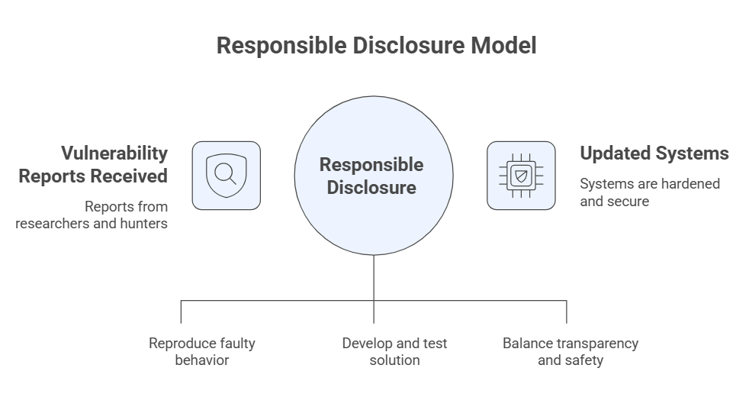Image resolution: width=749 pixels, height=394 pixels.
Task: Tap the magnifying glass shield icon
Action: pyautogui.click(x=226, y=175)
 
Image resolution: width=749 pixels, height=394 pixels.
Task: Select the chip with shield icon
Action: pyautogui.click(x=521, y=175)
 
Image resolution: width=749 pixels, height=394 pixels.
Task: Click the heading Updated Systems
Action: pyautogui.click(x=654, y=153)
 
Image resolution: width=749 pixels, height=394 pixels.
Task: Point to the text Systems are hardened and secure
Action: pyautogui.click(x=649, y=192)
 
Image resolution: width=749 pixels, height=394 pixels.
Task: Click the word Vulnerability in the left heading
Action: pyautogui.click(x=114, y=153)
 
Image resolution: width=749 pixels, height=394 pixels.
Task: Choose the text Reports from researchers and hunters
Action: pyautogui.click(x=92, y=215)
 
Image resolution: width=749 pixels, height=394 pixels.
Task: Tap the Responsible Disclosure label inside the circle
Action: pyautogui.click(x=371, y=176)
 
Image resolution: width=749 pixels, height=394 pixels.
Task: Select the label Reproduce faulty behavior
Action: pyautogui.click(x=201, y=351)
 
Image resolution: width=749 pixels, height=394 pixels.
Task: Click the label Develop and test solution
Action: pyautogui.click(x=394, y=351)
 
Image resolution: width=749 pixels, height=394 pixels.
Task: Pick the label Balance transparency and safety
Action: pyautogui.click(x=570, y=351)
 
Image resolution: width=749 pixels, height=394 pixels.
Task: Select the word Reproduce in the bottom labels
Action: pyautogui.click(x=179, y=343)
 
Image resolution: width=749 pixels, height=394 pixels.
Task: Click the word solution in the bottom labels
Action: pyautogui.click(x=394, y=360)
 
